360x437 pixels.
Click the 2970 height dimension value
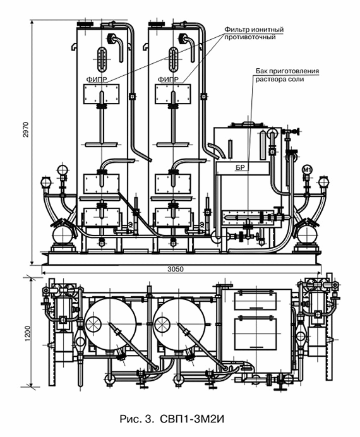click(25, 129)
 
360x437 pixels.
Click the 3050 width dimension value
click(176, 269)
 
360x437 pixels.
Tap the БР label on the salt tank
click(240, 168)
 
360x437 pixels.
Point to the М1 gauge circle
click(307, 170)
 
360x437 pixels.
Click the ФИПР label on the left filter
click(97, 80)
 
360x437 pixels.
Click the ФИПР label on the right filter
click(168, 80)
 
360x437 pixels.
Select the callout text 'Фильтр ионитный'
click(254, 29)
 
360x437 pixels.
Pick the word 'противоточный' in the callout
click(250, 37)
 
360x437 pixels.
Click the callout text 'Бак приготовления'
click(287, 71)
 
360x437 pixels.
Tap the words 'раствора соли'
click(280, 80)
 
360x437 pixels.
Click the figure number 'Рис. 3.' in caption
click(136, 419)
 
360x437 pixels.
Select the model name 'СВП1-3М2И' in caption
click(192, 419)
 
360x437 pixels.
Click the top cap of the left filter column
click(85, 24)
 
